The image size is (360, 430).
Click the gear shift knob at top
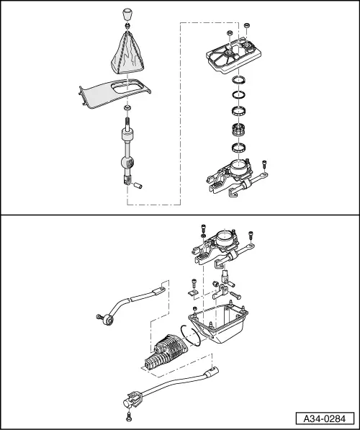[127, 14]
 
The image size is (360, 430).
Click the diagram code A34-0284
[325, 419]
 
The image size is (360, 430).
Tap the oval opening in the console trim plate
[126, 87]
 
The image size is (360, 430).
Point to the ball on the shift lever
[127, 163]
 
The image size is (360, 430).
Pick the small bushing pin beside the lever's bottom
[138, 185]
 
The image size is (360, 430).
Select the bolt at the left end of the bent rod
[100, 317]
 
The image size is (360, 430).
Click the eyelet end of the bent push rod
[107, 320]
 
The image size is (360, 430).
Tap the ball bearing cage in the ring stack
[238, 129]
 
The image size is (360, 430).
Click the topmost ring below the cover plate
[238, 81]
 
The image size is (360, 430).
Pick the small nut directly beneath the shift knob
[127, 25]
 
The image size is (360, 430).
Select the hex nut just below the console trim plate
[127, 107]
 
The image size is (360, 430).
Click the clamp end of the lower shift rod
[132, 398]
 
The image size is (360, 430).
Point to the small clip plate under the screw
[193, 293]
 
